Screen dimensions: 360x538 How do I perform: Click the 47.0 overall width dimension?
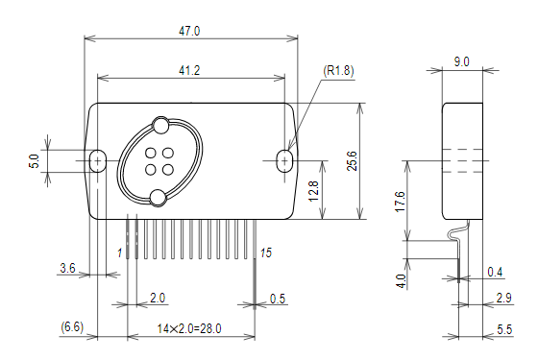190,31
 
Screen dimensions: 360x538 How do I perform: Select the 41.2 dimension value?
190,70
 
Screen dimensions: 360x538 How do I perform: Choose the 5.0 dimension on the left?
35,161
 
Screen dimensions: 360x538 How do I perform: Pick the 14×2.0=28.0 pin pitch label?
189,328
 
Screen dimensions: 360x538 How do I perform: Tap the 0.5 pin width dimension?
278,298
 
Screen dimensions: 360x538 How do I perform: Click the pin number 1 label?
120,252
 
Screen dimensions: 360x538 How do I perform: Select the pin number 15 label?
266,252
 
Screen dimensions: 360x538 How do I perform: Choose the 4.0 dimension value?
400,280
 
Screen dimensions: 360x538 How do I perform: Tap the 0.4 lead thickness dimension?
495,272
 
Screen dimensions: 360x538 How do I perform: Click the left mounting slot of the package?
97,160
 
